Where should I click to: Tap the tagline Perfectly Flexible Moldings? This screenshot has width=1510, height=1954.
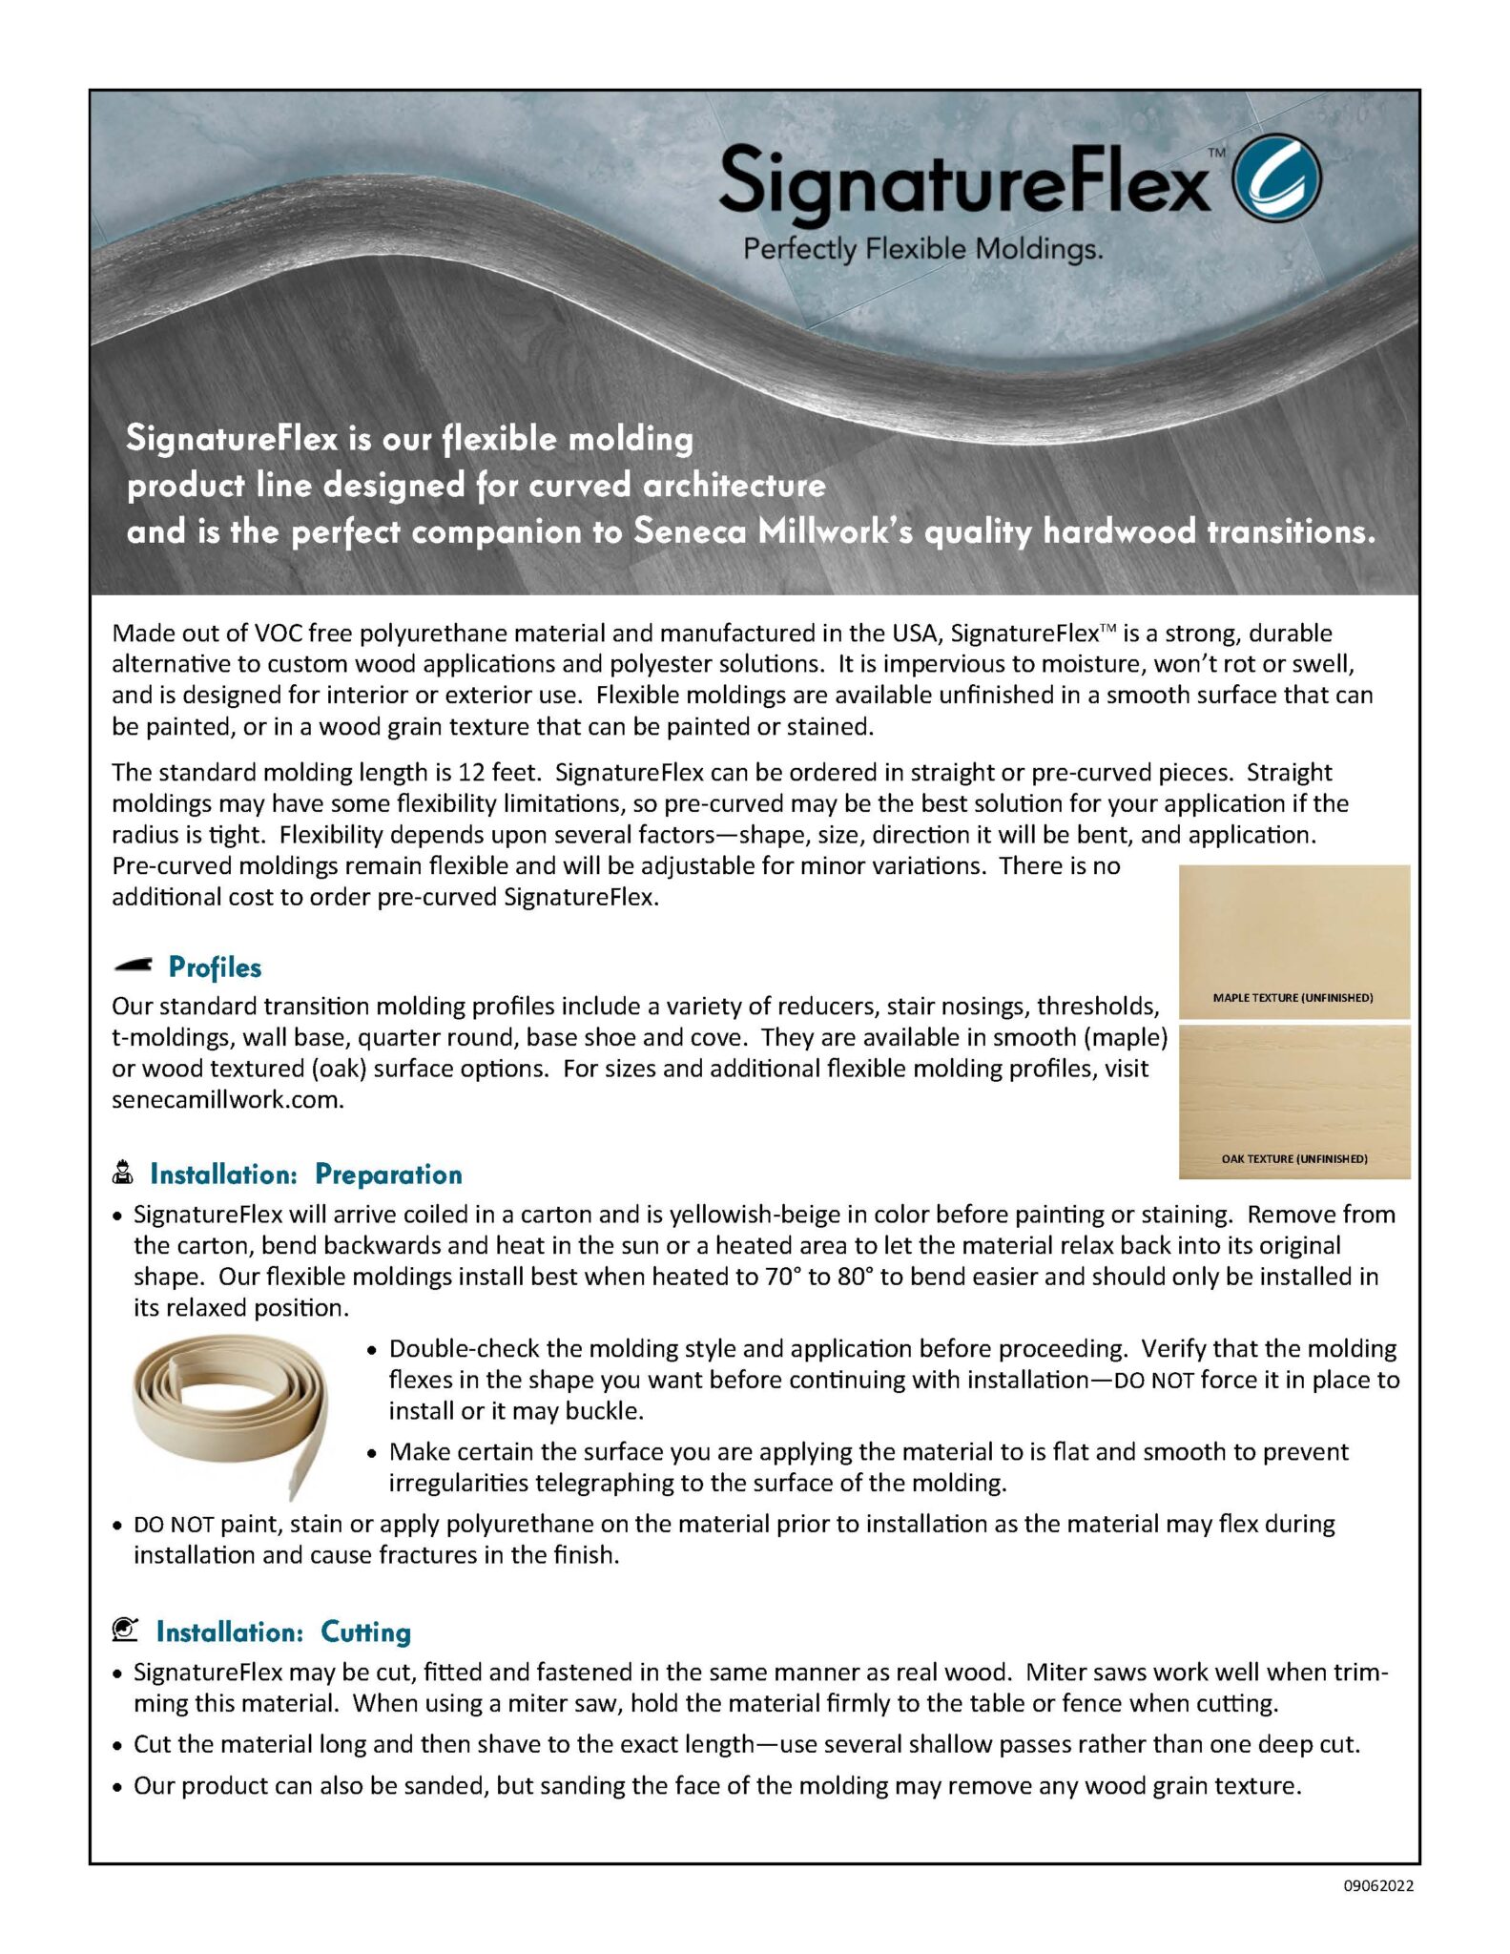[x=922, y=250]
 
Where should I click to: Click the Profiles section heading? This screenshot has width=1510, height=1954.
[x=215, y=967]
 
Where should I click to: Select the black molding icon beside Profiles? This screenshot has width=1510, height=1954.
[x=133, y=966]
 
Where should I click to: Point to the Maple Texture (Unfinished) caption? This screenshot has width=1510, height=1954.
[x=1293, y=998]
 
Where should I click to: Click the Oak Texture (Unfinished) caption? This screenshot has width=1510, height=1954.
[x=1293, y=1159]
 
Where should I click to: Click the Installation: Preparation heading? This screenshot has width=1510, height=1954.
[x=305, y=1174]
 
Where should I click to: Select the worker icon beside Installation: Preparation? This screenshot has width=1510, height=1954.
[x=123, y=1173]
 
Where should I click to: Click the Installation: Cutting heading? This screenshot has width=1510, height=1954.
[x=283, y=1632]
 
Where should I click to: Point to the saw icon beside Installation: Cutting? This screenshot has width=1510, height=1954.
[x=125, y=1630]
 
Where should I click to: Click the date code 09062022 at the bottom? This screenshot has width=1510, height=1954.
[x=1378, y=1886]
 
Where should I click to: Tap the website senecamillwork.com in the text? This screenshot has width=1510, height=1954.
[x=227, y=1100]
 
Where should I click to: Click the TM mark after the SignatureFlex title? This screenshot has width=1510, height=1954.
[x=1216, y=152]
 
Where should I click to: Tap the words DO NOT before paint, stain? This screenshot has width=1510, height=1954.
[x=174, y=1525]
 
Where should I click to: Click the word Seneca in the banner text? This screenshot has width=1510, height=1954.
[x=690, y=531]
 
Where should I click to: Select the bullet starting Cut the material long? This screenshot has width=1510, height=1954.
[x=746, y=1745]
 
